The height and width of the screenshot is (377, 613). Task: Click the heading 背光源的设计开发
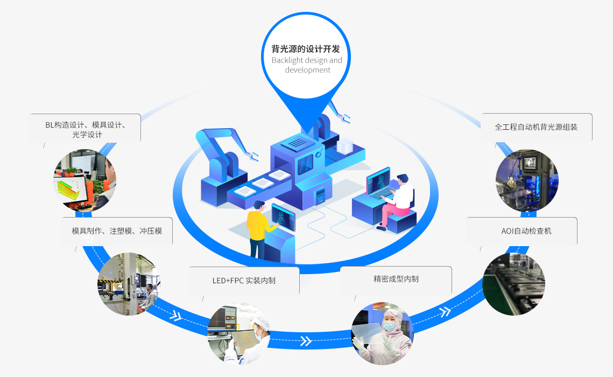(x=306, y=48)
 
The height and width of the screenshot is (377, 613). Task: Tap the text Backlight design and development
(x=307, y=65)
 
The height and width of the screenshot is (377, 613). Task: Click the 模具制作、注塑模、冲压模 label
(x=117, y=231)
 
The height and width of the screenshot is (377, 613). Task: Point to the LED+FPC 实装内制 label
(x=244, y=280)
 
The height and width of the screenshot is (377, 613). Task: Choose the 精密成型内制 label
(x=396, y=279)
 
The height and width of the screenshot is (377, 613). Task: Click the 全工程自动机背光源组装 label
(x=536, y=127)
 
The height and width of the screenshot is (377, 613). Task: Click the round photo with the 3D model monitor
(x=84, y=180)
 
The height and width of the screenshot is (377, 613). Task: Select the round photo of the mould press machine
(x=129, y=284)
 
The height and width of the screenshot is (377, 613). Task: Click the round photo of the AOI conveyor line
(x=513, y=284)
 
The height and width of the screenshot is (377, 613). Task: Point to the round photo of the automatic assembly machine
(x=527, y=180)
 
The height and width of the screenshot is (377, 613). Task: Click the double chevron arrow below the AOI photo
(x=445, y=312)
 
